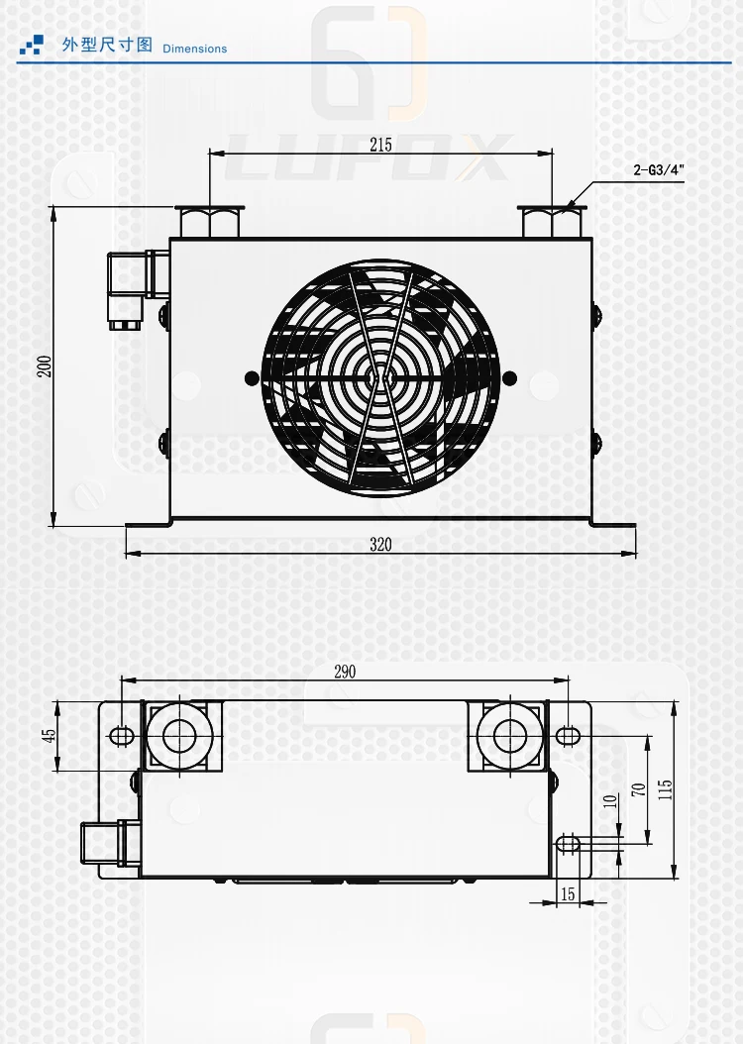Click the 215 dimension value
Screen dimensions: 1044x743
(380, 145)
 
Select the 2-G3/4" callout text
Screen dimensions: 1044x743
(659, 169)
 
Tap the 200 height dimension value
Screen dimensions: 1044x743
(44, 366)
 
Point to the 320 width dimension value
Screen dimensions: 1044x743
(380, 544)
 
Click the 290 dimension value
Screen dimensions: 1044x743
(344, 672)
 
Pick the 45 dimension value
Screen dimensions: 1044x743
(46, 736)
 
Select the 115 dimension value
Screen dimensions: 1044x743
(666, 789)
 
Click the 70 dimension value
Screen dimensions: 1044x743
(639, 789)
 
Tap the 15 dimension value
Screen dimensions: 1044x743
(568, 893)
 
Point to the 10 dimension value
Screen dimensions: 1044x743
(609, 798)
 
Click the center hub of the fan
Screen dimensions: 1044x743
(378, 376)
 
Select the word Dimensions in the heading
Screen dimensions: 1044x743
(194, 49)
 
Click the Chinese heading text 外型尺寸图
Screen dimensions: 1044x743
(107, 46)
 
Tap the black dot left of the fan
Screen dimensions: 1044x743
(250, 376)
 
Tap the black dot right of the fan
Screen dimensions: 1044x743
(509, 376)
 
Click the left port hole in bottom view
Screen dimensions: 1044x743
(179, 736)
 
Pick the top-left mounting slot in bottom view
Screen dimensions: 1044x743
(120, 735)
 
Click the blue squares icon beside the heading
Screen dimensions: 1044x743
(33, 45)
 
